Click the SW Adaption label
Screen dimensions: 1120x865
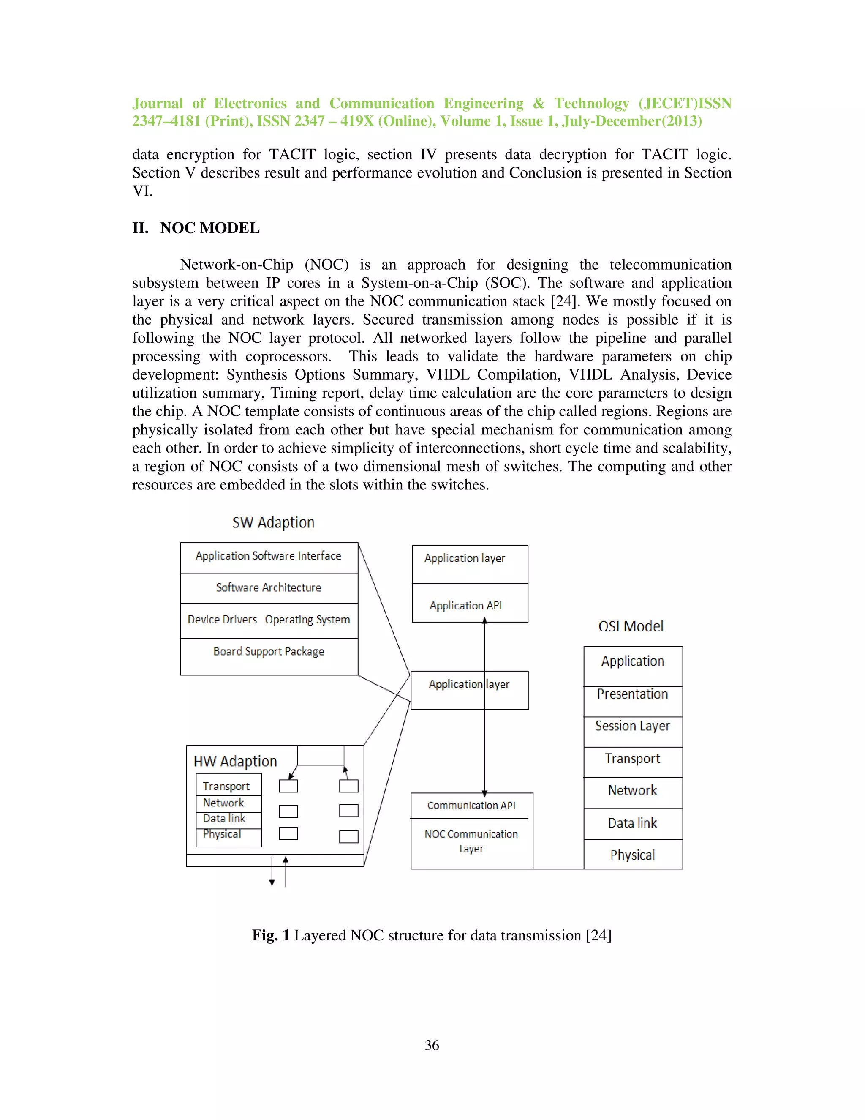coord(273,522)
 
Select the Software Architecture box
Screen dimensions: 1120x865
coord(269,588)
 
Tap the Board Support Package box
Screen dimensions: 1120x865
coord(269,656)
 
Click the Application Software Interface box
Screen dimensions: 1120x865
coord(269,557)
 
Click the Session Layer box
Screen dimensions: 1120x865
coord(632,731)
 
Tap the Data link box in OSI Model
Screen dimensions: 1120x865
coord(632,823)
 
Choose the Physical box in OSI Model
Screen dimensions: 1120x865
coord(632,854)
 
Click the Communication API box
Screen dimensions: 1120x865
coord(471,805)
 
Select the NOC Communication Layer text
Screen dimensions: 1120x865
coord(471,841)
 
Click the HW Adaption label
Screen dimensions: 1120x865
coord(235,761)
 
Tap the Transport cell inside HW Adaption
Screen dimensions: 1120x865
coord(226,786)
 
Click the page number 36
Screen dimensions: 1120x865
coord(432,1045)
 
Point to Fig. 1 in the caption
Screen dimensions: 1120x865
coord(271,935)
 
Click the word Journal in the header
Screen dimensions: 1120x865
coord(157,104)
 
